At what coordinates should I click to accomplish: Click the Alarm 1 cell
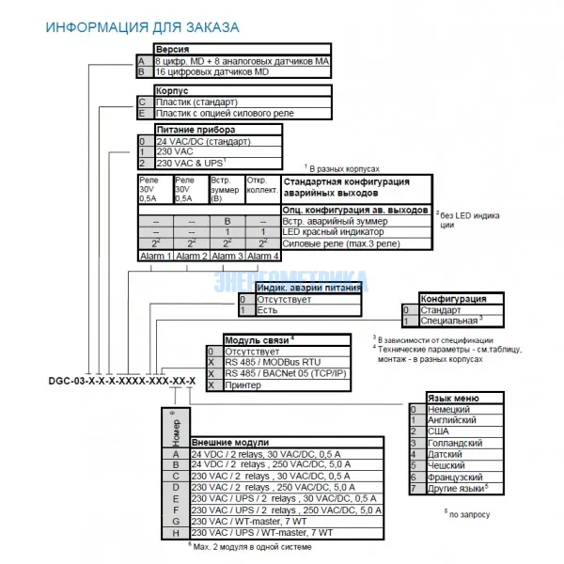click(x=155, y=256)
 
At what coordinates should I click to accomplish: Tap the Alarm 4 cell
click(x=262, y=256)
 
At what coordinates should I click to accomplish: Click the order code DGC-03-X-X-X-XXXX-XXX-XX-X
click(x=121, y=380)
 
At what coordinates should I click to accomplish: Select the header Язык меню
click(x=456, y=398)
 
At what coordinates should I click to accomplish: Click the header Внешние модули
click(x=230, y=442)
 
